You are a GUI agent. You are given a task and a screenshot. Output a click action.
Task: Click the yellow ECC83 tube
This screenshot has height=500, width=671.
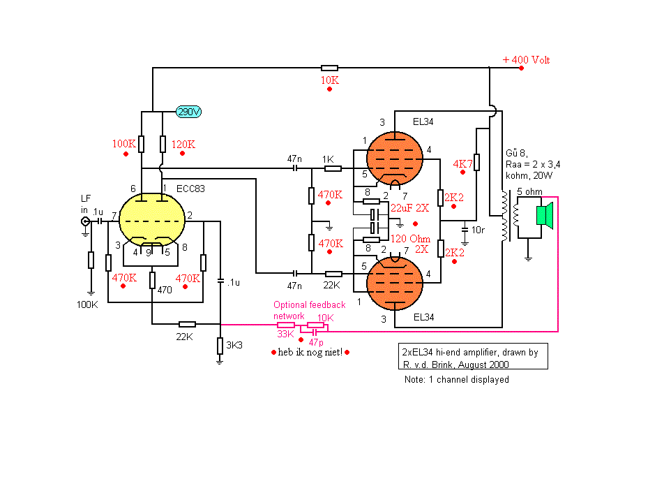coord(152,220)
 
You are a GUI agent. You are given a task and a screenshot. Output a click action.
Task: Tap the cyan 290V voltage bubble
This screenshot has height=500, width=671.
coord(189,112)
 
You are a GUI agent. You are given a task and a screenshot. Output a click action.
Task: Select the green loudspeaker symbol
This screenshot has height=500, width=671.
coord(545,215)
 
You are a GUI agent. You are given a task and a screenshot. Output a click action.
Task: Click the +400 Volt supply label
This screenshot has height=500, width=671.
coord(526,60)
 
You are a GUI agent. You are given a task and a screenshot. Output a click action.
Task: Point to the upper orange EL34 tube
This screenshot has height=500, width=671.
coord(395,159)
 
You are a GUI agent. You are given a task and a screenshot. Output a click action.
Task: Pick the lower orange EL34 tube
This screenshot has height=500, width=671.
coord(395,284)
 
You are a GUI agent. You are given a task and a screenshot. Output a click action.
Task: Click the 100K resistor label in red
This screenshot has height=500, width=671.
coord(124,144)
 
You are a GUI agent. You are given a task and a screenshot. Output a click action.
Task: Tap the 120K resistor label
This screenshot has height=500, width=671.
coord(183,145)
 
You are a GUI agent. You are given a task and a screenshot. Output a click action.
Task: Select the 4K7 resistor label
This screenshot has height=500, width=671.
coord(462,163)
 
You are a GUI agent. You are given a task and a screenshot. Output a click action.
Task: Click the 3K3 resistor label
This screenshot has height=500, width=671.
coord(234,345)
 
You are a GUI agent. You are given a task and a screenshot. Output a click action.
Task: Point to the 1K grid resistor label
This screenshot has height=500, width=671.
coord(329,159)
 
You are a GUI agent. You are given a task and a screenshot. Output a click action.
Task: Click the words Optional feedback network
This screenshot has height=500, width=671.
coord(310,310)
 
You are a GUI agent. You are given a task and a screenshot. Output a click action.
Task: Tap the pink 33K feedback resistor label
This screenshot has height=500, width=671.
coord(285,334)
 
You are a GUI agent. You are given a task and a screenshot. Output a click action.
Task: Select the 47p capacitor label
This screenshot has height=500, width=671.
coord(316,342)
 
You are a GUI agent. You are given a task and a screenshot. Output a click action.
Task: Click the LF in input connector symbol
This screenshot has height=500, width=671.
coord(86,221)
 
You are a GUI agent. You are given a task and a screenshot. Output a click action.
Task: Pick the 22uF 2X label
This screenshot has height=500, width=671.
coord(409,208)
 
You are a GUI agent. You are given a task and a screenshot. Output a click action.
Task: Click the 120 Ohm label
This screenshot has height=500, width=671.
coord(410,239)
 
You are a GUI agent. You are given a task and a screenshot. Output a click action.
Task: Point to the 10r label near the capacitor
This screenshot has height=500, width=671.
coord(478,230)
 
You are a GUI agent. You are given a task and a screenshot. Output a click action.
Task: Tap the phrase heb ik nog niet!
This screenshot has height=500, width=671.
coord(310,352)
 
